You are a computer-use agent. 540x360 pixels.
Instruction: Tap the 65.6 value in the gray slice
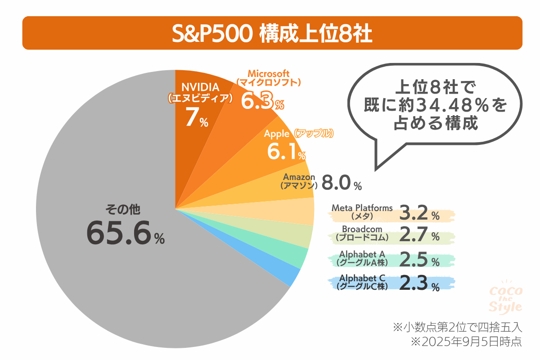tap(118, 233)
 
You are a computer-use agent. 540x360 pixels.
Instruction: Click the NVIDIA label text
tap(200, 86)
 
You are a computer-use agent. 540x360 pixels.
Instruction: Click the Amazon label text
tap(299, 177)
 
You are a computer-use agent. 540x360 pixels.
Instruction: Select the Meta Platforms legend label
tap(362, 208)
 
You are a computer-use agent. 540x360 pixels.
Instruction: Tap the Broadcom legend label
tap(362, 229)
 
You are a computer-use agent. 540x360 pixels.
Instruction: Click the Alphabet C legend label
tap(362, 277)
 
